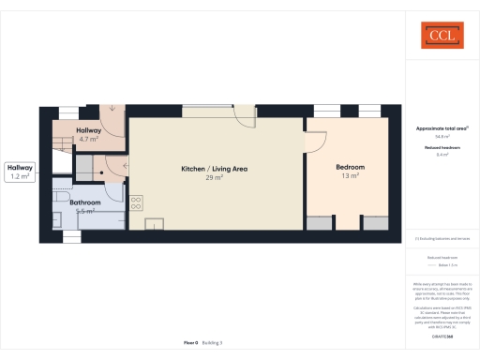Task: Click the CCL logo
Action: (441, 37)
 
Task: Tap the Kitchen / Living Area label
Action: (215, 169)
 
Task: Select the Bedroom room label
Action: (350, 167)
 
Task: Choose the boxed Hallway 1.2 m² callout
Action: (20, 171)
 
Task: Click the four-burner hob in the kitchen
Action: (136, 201)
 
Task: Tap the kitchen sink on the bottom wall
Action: (154, 223)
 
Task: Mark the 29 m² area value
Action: (215, 177)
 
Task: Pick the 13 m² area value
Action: (350, 175)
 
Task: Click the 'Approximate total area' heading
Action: (441, 127)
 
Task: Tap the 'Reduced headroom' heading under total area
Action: (441, 147)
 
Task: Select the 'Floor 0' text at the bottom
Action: (190, 343)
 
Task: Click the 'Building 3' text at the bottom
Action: (213, 343)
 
